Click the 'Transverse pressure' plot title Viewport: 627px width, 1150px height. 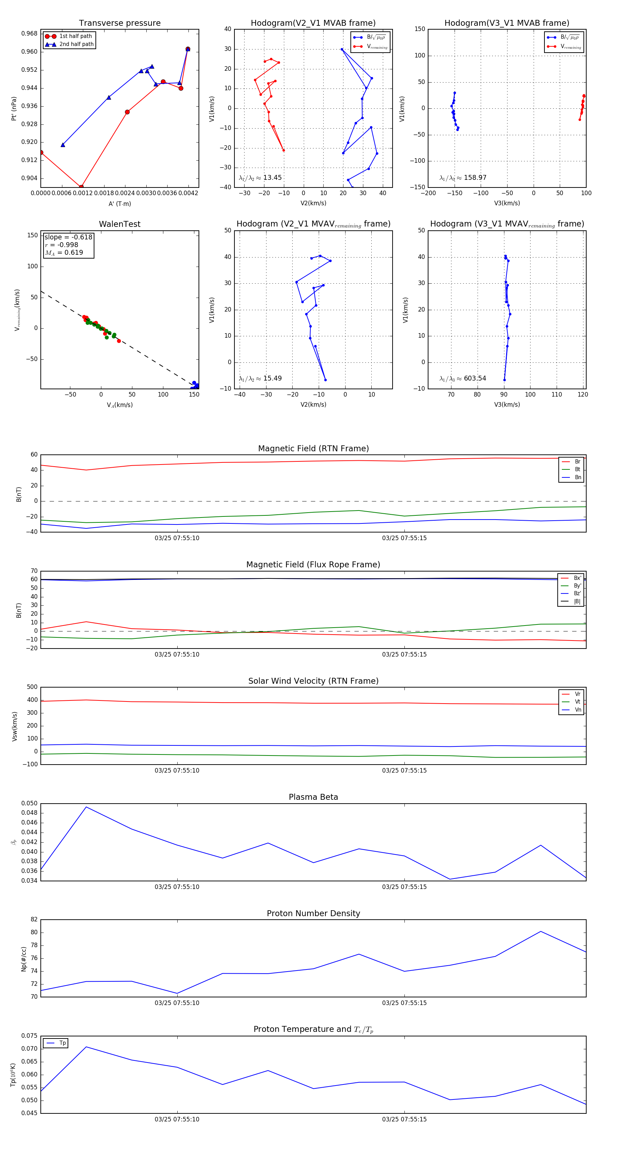point(119,23)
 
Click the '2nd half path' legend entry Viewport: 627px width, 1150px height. point(76,44)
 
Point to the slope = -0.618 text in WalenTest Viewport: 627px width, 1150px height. point(68,237)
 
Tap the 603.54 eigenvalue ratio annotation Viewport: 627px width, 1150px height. point(475,378)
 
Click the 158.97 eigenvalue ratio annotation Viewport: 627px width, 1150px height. point(475,177)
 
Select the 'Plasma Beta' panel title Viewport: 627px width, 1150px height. point(313,797)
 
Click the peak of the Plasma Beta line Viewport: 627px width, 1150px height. point(86,807)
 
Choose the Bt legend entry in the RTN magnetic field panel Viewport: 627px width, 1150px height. point(577,469)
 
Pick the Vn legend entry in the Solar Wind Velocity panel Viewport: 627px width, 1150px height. point(578,710)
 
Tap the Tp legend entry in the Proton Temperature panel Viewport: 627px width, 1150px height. point(62,1043)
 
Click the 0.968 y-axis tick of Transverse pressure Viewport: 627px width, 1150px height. point(30,33)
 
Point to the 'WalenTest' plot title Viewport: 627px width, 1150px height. point(119,224)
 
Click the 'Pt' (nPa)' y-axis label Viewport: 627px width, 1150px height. point(14,108)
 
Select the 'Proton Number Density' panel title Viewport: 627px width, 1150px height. point(313,913)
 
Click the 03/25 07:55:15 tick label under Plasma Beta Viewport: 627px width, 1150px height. point(404,887)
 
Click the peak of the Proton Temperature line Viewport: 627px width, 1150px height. point(86,1047)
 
